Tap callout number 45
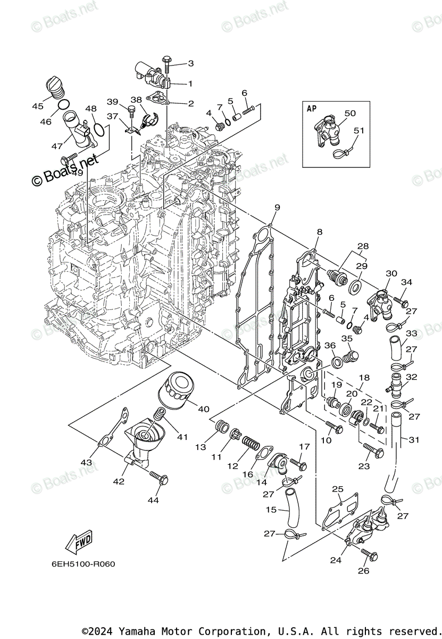coord(37,106)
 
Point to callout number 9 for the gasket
coord(277,207)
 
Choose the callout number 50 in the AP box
coord(349,113)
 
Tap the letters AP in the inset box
coord(312,108)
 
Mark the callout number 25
coord(338,489)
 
